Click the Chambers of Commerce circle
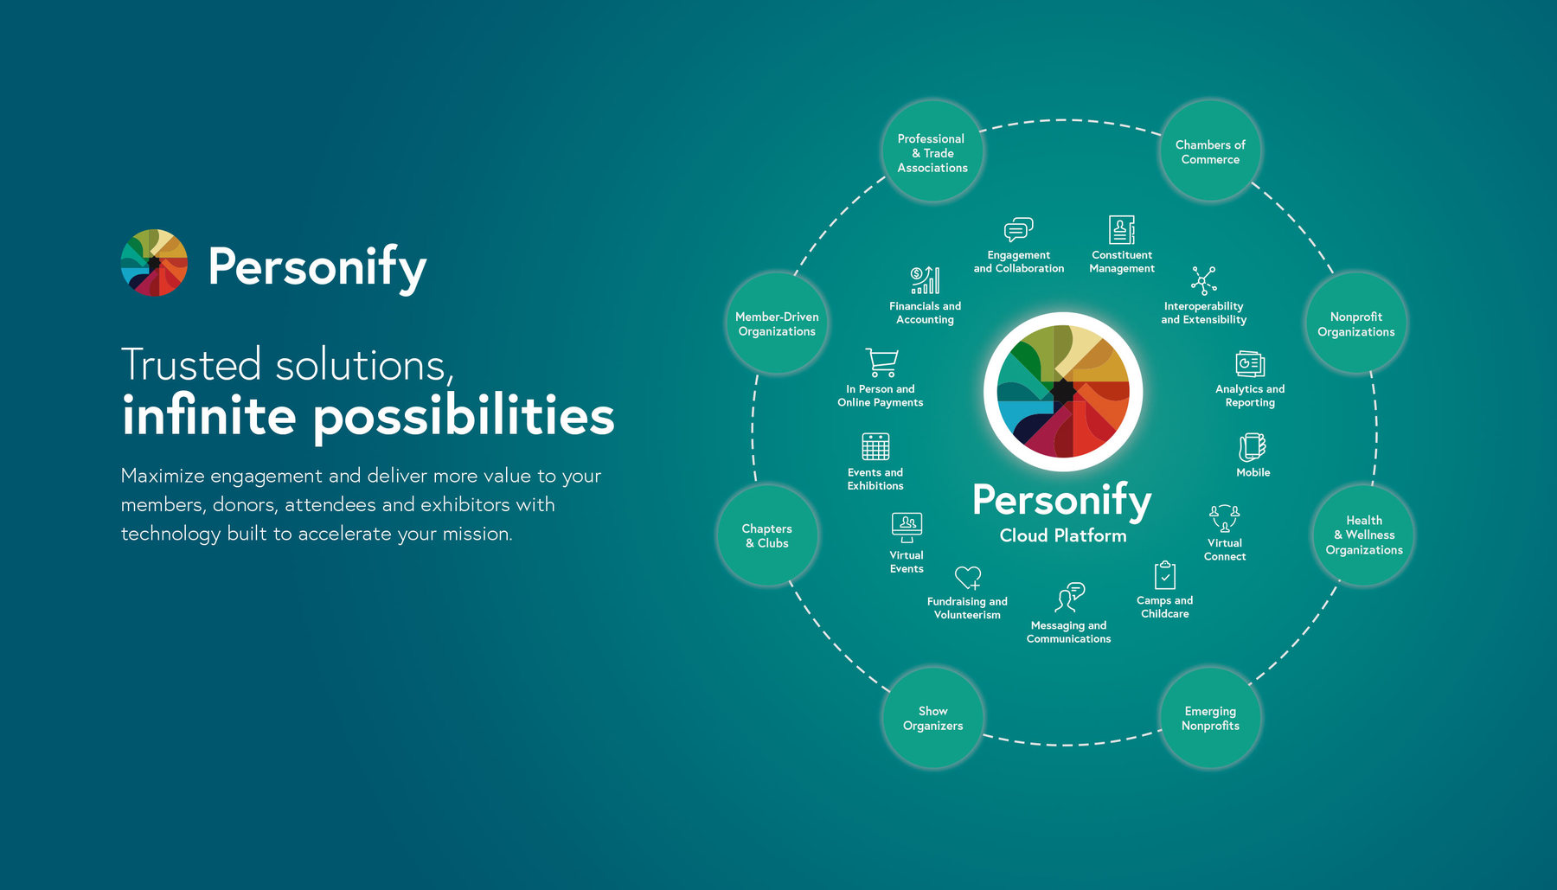(x=1210, y=151)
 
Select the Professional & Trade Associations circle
(x=932, y=152)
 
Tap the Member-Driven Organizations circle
(x=777, y=323)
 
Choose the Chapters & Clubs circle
(x=767, y=535)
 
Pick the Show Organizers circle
(x=932, y=718)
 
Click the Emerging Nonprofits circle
(x=1210, y=718)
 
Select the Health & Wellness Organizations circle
(x=1364, y=535)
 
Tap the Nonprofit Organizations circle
(x=1355, y=323)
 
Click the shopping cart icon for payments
(x=881, y=362)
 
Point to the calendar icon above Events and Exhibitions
(x=875, y=446)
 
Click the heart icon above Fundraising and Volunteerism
(x=968, y=577)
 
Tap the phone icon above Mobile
(x=1252, y=447)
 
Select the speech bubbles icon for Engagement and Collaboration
(x=1018, y=229)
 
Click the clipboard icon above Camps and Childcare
(x=1165, y=575)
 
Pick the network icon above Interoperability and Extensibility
(x=1203, y=280)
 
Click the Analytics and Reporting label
(x=1250, y=395)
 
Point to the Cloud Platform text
(x=1063, y=535)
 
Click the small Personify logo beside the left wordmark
(x=154, y=263)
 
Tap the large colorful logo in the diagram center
(x=1063, y=391)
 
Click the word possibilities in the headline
(x=464, y=417)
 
